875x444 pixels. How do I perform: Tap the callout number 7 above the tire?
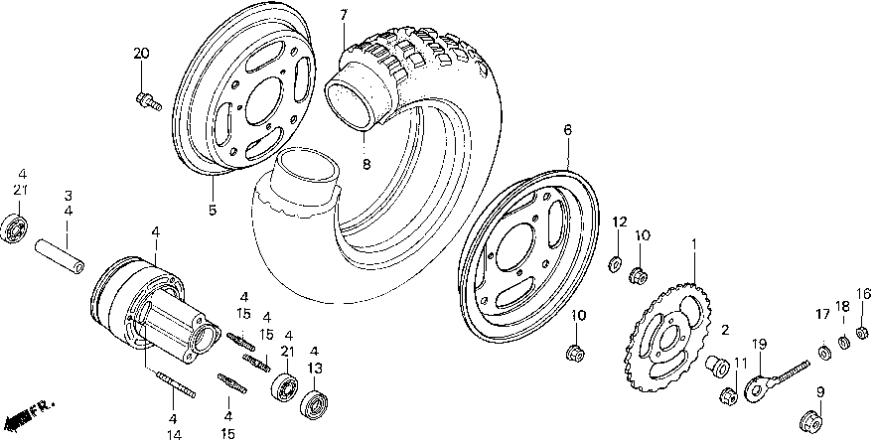coord(344,15)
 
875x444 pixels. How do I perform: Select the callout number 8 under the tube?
coord(365,165)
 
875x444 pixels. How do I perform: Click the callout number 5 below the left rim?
coord(211,210)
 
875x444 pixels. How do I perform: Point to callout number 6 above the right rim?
coord(567,129)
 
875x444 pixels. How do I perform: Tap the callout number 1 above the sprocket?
coord(694,243)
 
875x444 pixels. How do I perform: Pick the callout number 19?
coord(759,345)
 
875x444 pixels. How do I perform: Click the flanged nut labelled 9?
coord(819,421)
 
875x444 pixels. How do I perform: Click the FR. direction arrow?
coord(28,409)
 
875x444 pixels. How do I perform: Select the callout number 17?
coord(822,315)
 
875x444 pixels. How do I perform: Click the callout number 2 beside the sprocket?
coord(724,330)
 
